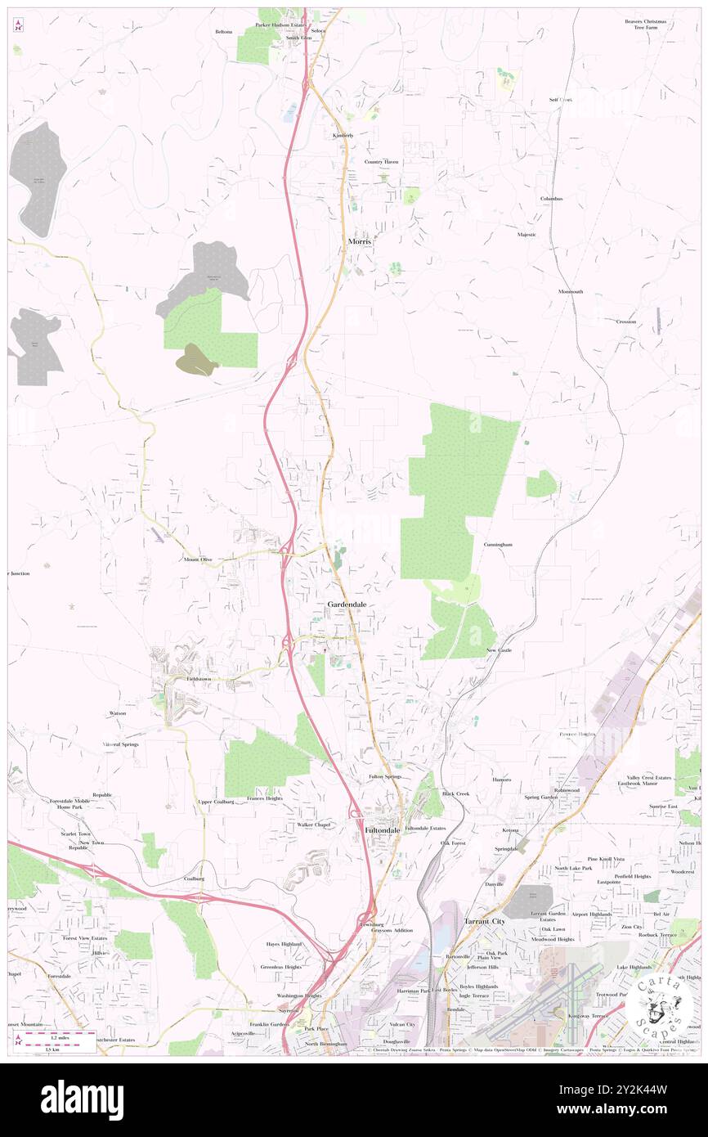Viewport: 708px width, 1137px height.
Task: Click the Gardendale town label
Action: (x=347, y=604)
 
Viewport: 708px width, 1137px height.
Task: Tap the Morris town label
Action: (x=360, y=241)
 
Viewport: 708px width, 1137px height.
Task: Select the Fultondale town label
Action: (x=382, y=829)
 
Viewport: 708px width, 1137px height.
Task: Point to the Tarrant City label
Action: (x=485, y=921)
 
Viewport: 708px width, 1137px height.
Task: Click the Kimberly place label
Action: (x=343, y=135)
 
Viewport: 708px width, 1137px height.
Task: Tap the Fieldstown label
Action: (x=199, y=679)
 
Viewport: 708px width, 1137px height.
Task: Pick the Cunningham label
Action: (x=497, y=544)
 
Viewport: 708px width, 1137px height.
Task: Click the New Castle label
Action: (x=499, y=650)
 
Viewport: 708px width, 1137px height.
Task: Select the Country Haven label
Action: (x=382, y=162)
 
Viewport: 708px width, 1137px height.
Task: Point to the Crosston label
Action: (x=626, y=321)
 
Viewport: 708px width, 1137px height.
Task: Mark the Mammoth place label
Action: (x=571, y=292)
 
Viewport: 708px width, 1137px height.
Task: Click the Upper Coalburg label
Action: (x=216, y=802)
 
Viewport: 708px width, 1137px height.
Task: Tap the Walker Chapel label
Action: (x=314, y=825)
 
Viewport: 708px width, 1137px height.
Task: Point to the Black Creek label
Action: (x=456, y=793)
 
